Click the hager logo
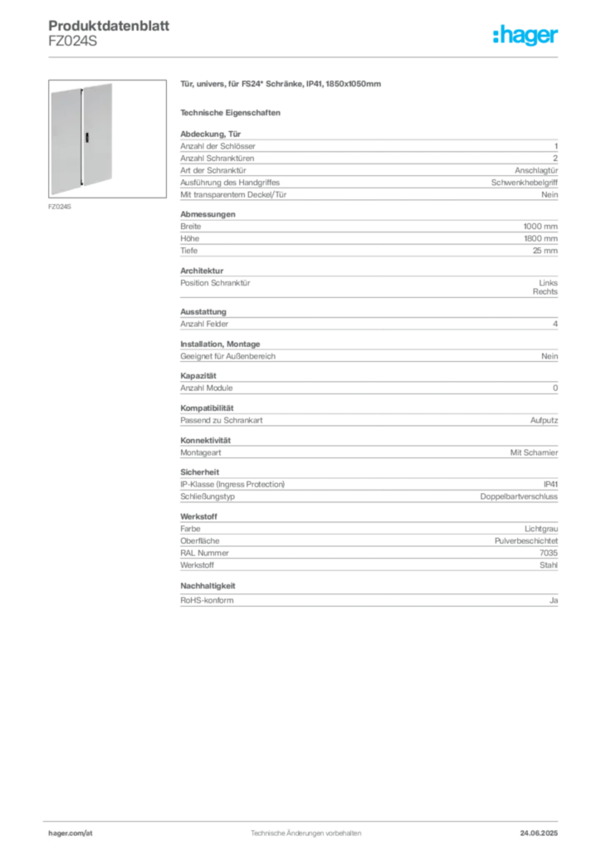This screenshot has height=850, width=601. pyautogui.click(x=525, y=35)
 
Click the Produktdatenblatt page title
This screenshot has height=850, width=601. pyautogui.click(x=109, y=26)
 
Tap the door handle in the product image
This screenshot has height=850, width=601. pyautogui.click(x=86, y=137)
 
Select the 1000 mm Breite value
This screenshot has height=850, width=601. pyautogui.click(x=540, y=227)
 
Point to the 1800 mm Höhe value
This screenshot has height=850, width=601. pyautogui.click(x=540, y=238)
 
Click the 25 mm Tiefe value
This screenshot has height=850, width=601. pyautogui.click(x=545, y=251)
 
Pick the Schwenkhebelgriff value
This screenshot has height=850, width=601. pyautogui.click(x=524, y=183)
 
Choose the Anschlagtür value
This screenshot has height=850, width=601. pyautogui.click(x=536, y=170)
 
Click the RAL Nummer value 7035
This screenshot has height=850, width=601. pyautogui.click(x=549, y=553)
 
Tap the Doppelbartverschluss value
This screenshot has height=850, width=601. pyautogui.click(x=519, y=496)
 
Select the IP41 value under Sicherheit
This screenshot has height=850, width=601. pyautogui.click(x=550, y=484)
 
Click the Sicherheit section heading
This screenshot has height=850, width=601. pyautogui.click(x=199, y=472)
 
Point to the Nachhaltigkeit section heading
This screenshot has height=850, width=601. pyautogui.click(x=208, y=586)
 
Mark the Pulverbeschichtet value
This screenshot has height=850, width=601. pyautogui.click(x=525, y=541)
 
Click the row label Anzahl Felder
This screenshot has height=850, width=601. pyautogui.click(x=204, y=325)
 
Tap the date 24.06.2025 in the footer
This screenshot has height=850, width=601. pyautogui.click(x=539, y=833)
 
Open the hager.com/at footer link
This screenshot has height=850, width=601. pyautogui.click(x=71, y=833)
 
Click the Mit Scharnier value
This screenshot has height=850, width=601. pyautogui.click(x=534, y=452)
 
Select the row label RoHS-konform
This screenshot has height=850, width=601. pyautogui.click(x=207, y=601)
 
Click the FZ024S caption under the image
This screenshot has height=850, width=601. pyautogui.click(x=60, y=207)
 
